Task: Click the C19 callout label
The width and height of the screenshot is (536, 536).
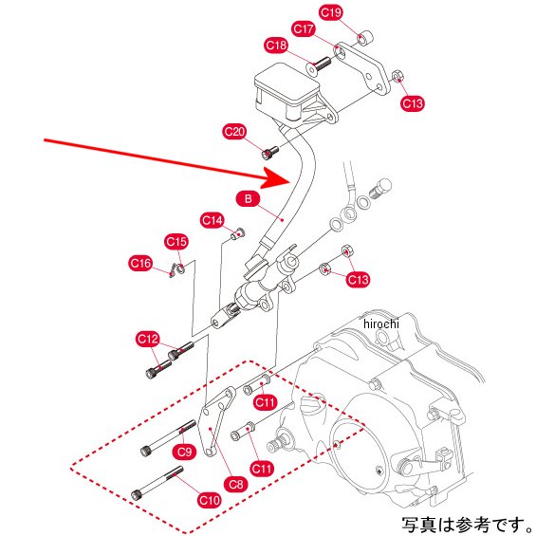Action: (330, 12)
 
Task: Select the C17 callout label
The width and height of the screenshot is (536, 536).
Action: (304, 28)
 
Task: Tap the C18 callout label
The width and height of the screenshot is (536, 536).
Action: (276, 46)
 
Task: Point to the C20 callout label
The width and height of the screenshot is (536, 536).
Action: (234, 132)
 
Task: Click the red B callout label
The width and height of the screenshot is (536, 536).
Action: (248, 198)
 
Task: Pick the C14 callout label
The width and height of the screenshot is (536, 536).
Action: (212, 220)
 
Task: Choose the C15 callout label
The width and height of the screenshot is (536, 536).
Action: (176, 242)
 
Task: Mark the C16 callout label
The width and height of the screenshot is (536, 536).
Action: (140, 264)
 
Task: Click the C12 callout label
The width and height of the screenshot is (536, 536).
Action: (148, 339)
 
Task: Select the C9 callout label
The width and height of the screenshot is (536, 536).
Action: (185, 452)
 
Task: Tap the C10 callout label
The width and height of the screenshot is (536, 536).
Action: (210, 501)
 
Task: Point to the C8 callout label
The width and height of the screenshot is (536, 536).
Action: (236, 484)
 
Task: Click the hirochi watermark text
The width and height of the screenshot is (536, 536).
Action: (381, 323)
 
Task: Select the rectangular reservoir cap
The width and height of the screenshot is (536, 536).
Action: (286, 83)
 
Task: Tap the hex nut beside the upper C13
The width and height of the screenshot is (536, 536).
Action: (397, 76)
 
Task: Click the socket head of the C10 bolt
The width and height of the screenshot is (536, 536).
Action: (138, 494)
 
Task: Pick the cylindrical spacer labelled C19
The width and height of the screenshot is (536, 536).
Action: (365, 38)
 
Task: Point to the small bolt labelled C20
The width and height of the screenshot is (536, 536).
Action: (269, 153)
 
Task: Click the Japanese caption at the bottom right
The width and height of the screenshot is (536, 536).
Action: (467, 525)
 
